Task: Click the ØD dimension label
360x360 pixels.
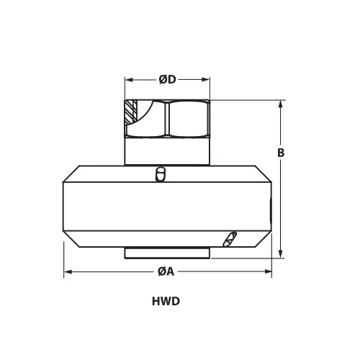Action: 167,80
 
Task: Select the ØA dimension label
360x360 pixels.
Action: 167,271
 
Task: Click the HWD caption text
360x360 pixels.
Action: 166,302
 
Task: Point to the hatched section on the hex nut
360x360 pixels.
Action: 130,112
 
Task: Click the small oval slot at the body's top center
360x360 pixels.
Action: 161,174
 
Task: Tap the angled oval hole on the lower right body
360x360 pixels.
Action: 229,238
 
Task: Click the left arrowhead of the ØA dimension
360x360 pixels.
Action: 68,272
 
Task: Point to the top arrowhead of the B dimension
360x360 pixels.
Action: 279,103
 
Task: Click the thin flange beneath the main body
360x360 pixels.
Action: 167,253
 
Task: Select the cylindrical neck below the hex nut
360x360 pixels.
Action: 167,151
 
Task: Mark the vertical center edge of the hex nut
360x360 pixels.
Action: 167,120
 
